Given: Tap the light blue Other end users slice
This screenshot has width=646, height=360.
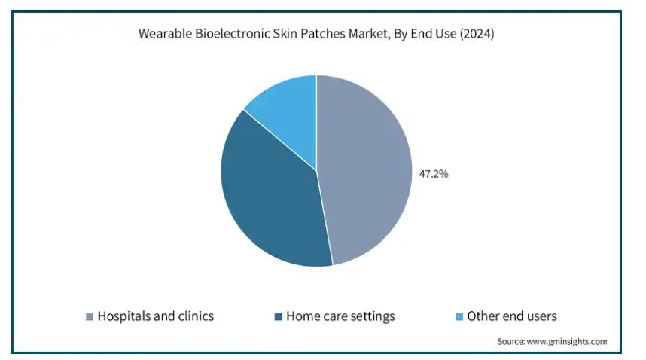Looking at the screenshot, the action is (288, 111).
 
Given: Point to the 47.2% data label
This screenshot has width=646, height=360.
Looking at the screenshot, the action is (434, 174).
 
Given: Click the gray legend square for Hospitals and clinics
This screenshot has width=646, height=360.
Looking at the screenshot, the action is (90, 316).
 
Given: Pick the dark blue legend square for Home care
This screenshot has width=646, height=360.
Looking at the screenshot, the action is (278, 316).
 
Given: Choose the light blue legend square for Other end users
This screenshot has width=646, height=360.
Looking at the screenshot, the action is (459, 316).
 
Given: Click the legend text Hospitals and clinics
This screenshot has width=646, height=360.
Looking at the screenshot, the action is (156, 316).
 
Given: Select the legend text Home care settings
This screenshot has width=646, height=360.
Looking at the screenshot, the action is (340, 316).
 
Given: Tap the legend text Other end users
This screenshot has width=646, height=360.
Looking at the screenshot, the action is (512, 316).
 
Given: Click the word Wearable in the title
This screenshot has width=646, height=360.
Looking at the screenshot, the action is (165, 33).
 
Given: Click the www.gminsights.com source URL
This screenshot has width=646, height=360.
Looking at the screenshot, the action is (567, 341).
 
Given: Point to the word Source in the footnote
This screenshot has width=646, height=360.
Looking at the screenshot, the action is (511, 341).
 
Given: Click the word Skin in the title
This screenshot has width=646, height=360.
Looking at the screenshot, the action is (285, 33).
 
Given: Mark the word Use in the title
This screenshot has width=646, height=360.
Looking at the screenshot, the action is (446, 33).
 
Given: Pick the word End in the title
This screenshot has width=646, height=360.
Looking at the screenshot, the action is (421, 33).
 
